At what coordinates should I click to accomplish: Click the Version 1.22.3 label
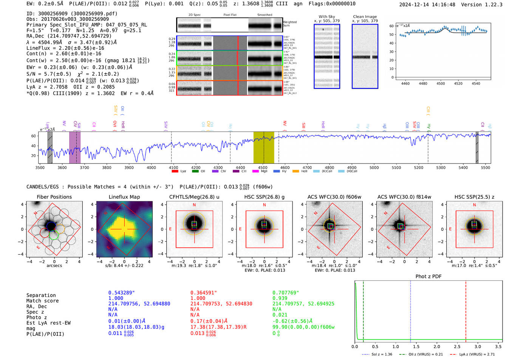point(487,5)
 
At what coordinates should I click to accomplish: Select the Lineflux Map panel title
point(124,197)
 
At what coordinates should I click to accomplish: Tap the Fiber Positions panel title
point(54,197)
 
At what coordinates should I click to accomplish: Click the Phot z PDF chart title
point(428,277)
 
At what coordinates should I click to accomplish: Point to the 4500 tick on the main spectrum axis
point(263,168)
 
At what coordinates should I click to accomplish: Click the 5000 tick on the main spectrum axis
point(374,168)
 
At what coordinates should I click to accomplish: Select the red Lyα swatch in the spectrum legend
point(175,172)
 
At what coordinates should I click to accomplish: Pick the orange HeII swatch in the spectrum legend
point(295,172)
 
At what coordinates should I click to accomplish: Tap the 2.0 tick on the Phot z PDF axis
point(436,346)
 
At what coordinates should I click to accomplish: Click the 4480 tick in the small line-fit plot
point(423,83)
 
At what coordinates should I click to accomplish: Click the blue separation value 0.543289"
point(122,293)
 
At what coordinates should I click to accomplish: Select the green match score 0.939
point(280,298)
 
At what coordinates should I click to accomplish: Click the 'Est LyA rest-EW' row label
point(48,323)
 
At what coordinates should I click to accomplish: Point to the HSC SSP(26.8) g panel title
point(264,197)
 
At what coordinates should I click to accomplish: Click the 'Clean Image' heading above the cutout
point(365,17)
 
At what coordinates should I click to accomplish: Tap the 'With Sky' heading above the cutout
point(327,17)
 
